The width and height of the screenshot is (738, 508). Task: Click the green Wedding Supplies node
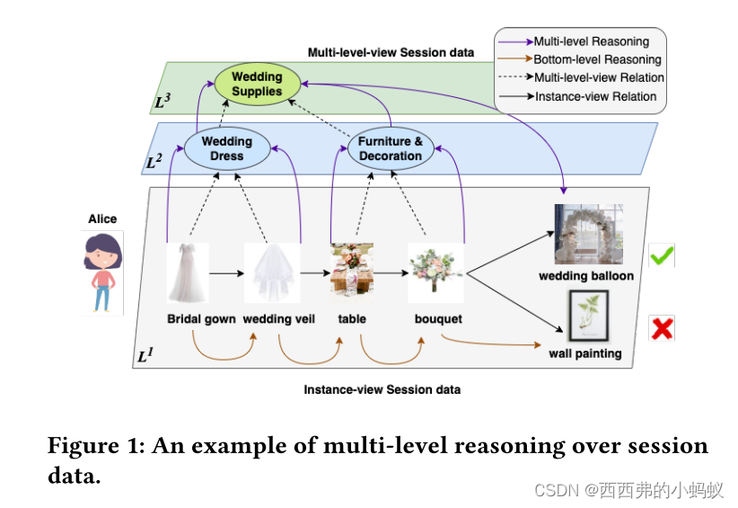256,84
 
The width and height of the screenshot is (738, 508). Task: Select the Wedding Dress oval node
226,148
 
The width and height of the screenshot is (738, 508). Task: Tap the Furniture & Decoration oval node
391,148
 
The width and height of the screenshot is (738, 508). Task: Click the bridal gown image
188,272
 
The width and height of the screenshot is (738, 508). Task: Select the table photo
351,270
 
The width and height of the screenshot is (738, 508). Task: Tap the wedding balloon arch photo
588,234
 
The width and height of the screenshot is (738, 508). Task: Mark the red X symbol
662,328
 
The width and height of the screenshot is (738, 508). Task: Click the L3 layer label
163,102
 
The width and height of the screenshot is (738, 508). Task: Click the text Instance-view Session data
382,389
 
